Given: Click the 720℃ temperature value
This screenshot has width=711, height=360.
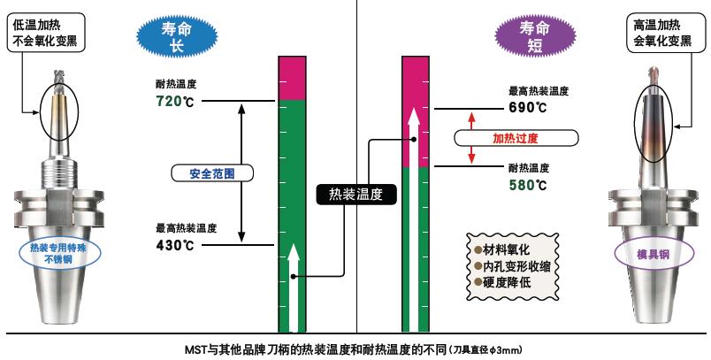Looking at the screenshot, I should point(175,103).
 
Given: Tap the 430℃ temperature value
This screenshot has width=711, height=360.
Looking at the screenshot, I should point(175,245).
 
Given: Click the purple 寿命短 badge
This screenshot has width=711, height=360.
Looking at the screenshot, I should point(529,35).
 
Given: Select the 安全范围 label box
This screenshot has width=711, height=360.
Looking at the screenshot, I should point(211,172).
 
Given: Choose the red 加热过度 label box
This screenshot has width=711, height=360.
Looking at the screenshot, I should point(516,138).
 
